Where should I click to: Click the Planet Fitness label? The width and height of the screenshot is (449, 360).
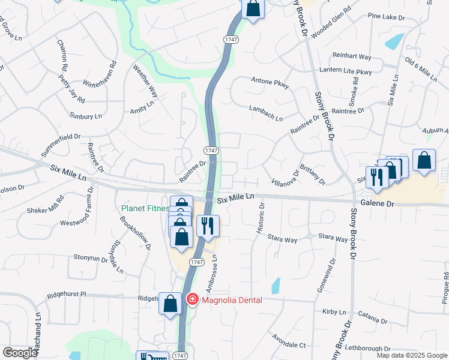[x=145, y=209]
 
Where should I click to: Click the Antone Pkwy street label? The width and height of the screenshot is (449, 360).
[x=270, y=82]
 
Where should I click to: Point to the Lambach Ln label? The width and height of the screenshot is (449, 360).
[x=266, y=113]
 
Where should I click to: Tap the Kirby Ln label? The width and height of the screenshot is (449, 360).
[x=334, y=313]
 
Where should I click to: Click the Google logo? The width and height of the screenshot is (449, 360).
[x=20, y=353]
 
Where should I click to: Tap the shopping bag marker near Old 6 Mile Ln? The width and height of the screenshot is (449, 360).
[x=424, y=161]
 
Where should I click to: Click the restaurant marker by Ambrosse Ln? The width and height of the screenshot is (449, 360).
[x=208, y=227]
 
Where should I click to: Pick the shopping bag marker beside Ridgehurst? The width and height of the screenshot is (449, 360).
[x=170, y=304]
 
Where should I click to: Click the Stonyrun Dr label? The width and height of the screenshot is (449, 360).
[x=90, y=258]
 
